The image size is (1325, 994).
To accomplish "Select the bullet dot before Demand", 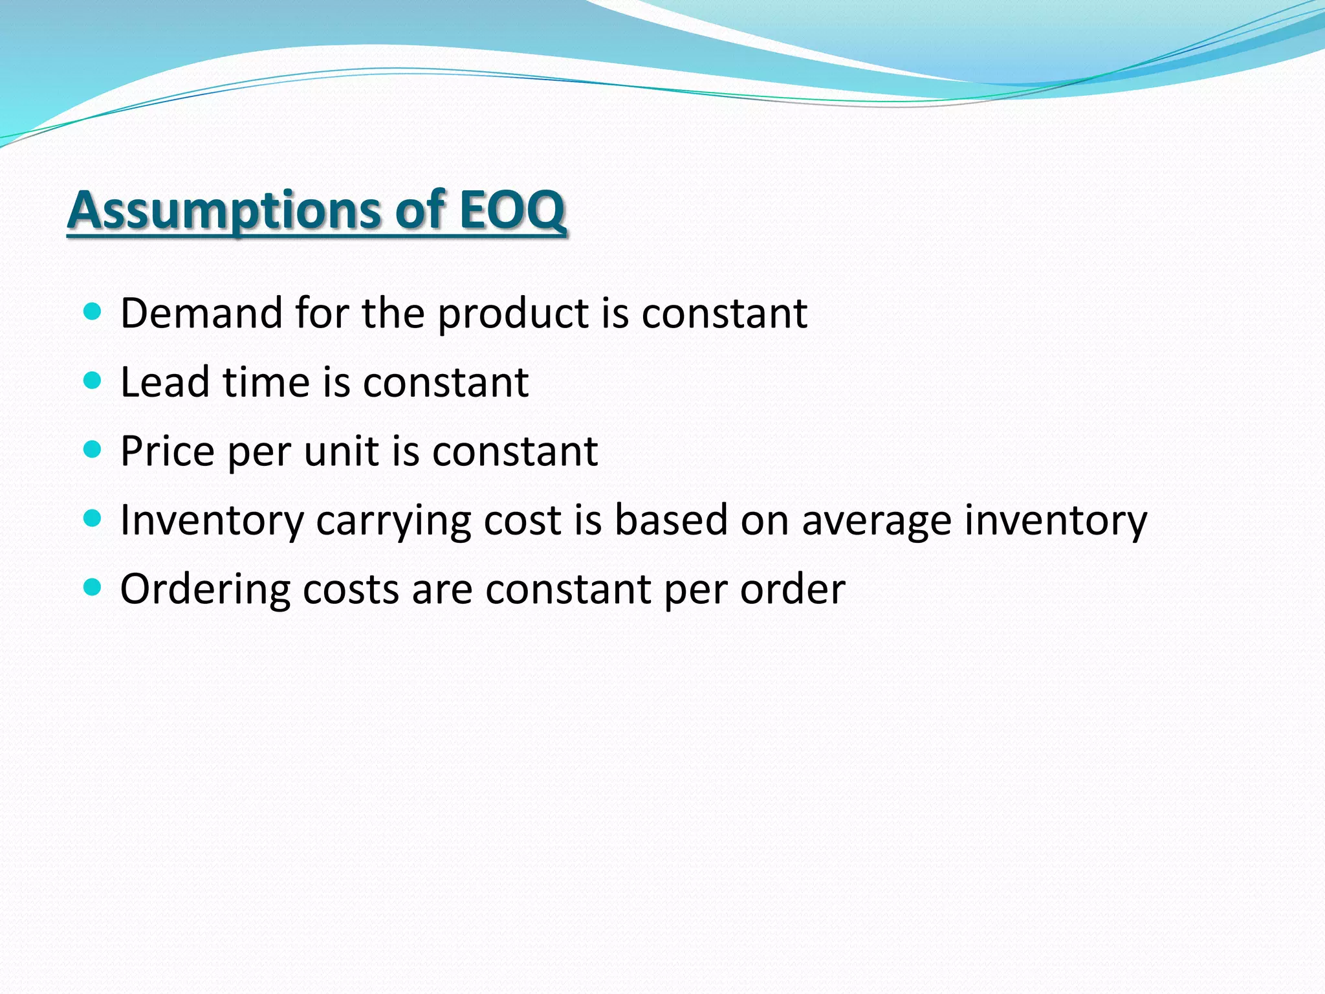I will coord(93,312).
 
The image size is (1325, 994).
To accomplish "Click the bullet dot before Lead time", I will coord(93,381).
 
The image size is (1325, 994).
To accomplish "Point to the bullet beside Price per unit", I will coord(93,449).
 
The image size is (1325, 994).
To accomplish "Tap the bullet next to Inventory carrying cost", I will coord(93,518).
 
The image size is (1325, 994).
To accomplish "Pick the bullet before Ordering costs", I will coord(93,588).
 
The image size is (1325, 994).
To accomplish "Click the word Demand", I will coord(201,313).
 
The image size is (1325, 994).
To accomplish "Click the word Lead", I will coord(165,382).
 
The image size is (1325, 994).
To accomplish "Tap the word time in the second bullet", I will coord(267,382).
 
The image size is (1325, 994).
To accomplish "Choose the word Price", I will coord(168,451).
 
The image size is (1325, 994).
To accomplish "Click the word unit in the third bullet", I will coord(342,451).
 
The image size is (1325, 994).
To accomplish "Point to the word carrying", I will coord(393,522).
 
